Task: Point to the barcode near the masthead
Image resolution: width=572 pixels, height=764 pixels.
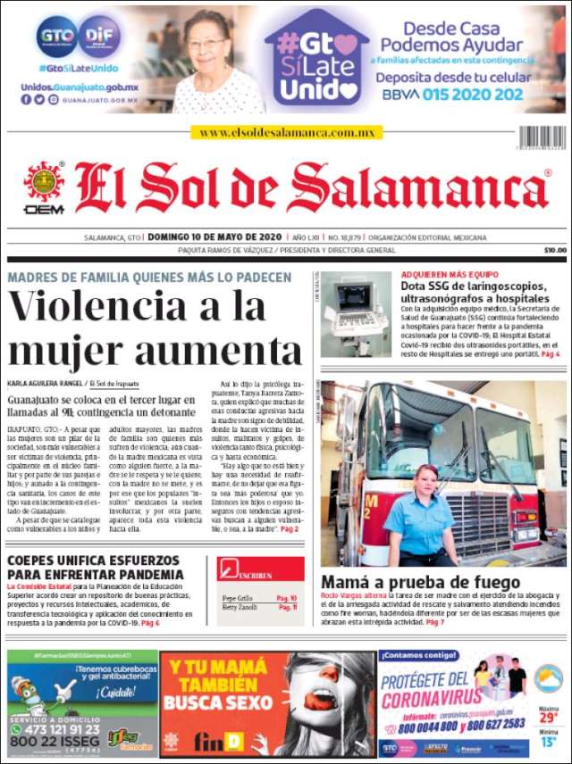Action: click(542, 137)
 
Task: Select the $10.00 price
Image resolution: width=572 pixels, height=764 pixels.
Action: click(555, 251)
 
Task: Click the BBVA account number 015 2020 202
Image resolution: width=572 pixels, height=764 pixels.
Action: click(486, 94)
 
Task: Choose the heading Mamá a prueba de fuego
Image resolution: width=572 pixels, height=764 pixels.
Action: click(420, 583)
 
